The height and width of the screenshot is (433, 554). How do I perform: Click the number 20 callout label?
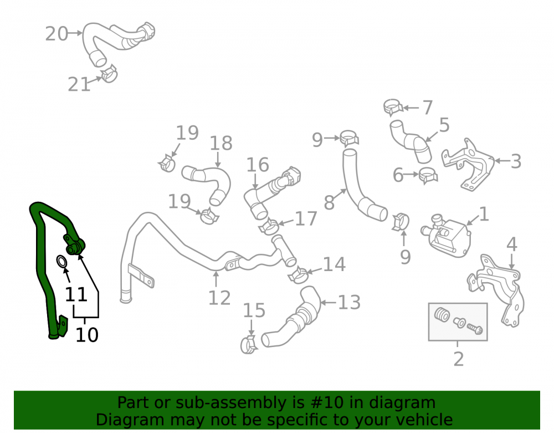tap(57, 34)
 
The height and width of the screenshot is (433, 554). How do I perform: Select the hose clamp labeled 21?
tap(109, 74)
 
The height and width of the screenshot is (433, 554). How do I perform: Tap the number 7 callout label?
tap(428, 108)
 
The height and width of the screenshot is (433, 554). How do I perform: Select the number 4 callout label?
tap(512, 244)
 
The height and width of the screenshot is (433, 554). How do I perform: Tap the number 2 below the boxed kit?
tap(458, 359)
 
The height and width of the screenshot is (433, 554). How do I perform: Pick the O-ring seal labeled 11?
tap(62, 262)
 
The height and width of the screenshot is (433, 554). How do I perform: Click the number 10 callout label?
tap(87, 335)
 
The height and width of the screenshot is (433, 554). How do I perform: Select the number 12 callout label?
tap(219, 298)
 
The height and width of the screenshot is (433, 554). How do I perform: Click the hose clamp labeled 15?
tap(249, 345)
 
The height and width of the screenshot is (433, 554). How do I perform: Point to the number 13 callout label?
tap(350, 303)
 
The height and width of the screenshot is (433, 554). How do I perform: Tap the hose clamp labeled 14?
tap(298, 275)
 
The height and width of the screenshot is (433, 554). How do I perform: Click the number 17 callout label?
tap(306, 219)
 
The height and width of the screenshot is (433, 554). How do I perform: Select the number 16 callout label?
tap(258, 165)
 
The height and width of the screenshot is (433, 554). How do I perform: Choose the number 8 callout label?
tap(329, 202)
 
